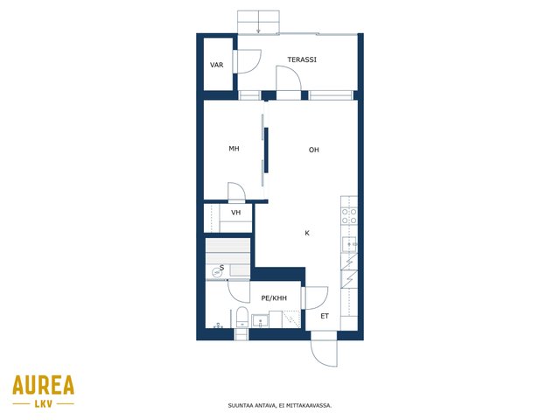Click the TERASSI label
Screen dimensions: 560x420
tap(302, 59)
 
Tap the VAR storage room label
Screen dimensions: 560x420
tap(216, 65)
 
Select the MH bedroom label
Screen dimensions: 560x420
tap(234, 149)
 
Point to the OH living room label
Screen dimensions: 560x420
tap(313, 150)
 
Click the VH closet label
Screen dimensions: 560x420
tap(235, 213)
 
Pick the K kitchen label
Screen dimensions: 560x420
tap(307, 234)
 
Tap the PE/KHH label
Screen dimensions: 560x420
tap(274, 297)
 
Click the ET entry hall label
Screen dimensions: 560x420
tap(325, 316)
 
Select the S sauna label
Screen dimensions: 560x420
tap(221, 268)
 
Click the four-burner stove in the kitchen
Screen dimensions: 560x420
tap(349, 216)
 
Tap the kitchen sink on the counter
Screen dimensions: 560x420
tap(349, 245)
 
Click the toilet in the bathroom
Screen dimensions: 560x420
tap(242, 317)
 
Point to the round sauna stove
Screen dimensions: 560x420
tap(216, 272)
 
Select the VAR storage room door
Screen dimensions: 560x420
tap(248, 62)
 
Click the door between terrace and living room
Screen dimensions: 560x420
tap(289, 78)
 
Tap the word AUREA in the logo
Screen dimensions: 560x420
tap(43, 385)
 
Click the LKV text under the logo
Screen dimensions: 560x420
tap(44, 404)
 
